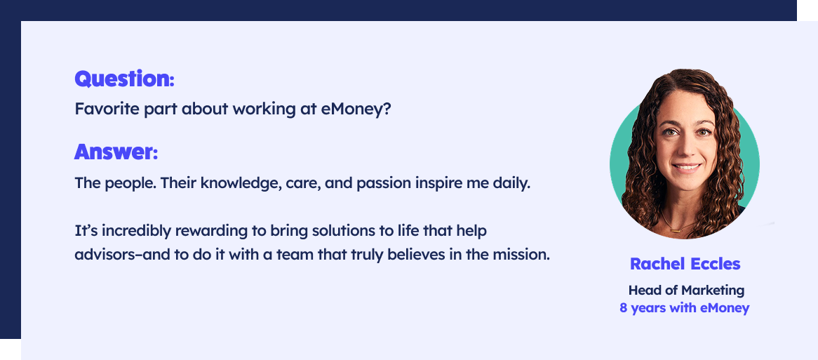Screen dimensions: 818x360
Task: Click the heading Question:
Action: (x=124, y=79)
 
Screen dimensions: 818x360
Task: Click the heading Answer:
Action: (x=116, y=152)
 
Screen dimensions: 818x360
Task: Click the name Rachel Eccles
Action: (x=685, y=264)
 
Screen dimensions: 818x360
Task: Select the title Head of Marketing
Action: (x=686, y=290)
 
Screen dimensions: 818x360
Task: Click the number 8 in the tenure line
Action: (x=624, y=308)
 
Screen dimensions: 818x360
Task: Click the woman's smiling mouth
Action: (x=685, y=168)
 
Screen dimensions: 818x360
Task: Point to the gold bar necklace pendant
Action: (x=676, y=230)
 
